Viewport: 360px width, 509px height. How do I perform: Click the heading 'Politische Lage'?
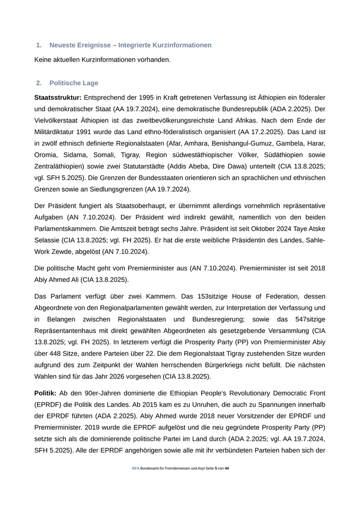[74, 83]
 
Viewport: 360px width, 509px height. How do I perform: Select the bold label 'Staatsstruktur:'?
[58, 97]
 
